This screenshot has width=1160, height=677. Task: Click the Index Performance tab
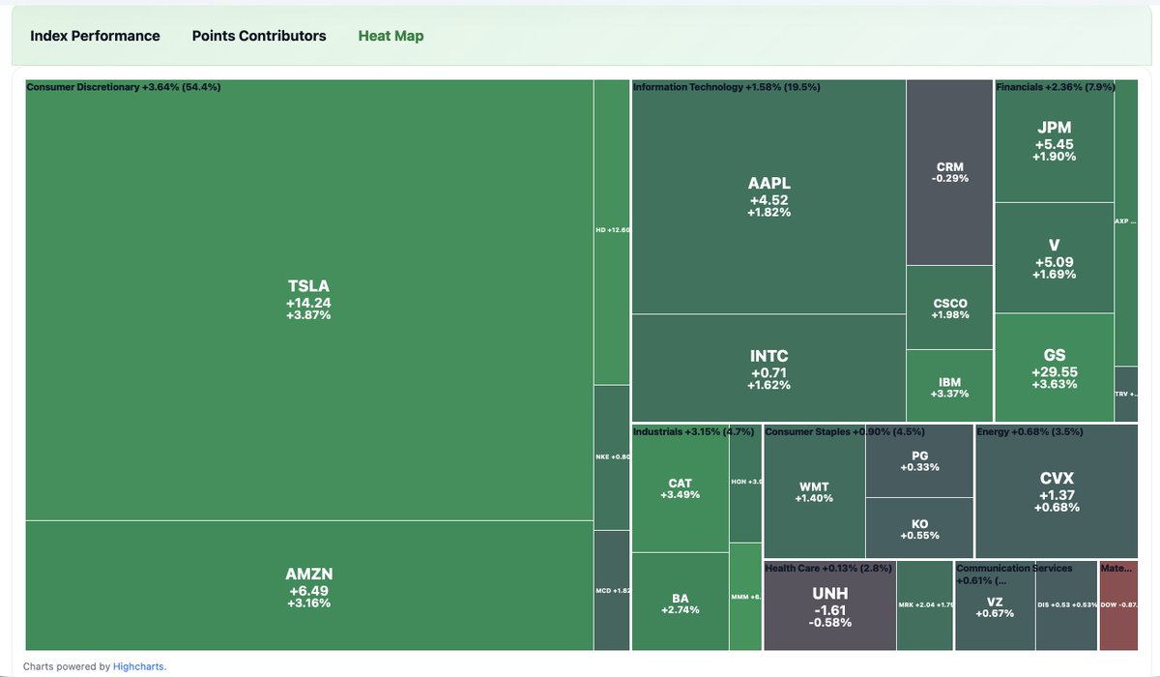coord(95,36)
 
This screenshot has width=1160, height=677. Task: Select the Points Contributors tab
coord(259,36)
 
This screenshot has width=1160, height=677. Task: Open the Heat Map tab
coord(391,36)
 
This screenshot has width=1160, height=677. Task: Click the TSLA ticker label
coord(308,285)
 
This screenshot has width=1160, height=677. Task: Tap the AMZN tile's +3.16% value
coord(308,603)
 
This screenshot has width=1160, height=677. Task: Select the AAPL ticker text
coord(768,184)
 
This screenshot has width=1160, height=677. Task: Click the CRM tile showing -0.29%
coord(950,172)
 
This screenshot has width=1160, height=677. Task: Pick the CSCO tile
coord(950,308)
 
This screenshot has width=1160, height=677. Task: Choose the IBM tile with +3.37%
coord(950,387)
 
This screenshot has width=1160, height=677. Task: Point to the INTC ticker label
coord(768,356)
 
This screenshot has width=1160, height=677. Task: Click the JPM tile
coord(1054,140)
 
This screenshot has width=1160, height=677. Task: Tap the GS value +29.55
coord(1054,372)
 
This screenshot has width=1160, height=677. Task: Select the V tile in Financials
coord(1054,257)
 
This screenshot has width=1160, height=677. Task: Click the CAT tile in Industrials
coord(680,488)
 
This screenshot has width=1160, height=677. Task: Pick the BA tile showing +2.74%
coord(680,603)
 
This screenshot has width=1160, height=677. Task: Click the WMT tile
coord(813,491)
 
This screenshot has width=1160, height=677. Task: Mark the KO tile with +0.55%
coord(919,528)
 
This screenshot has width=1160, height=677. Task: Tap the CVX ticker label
coord(1057,478)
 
